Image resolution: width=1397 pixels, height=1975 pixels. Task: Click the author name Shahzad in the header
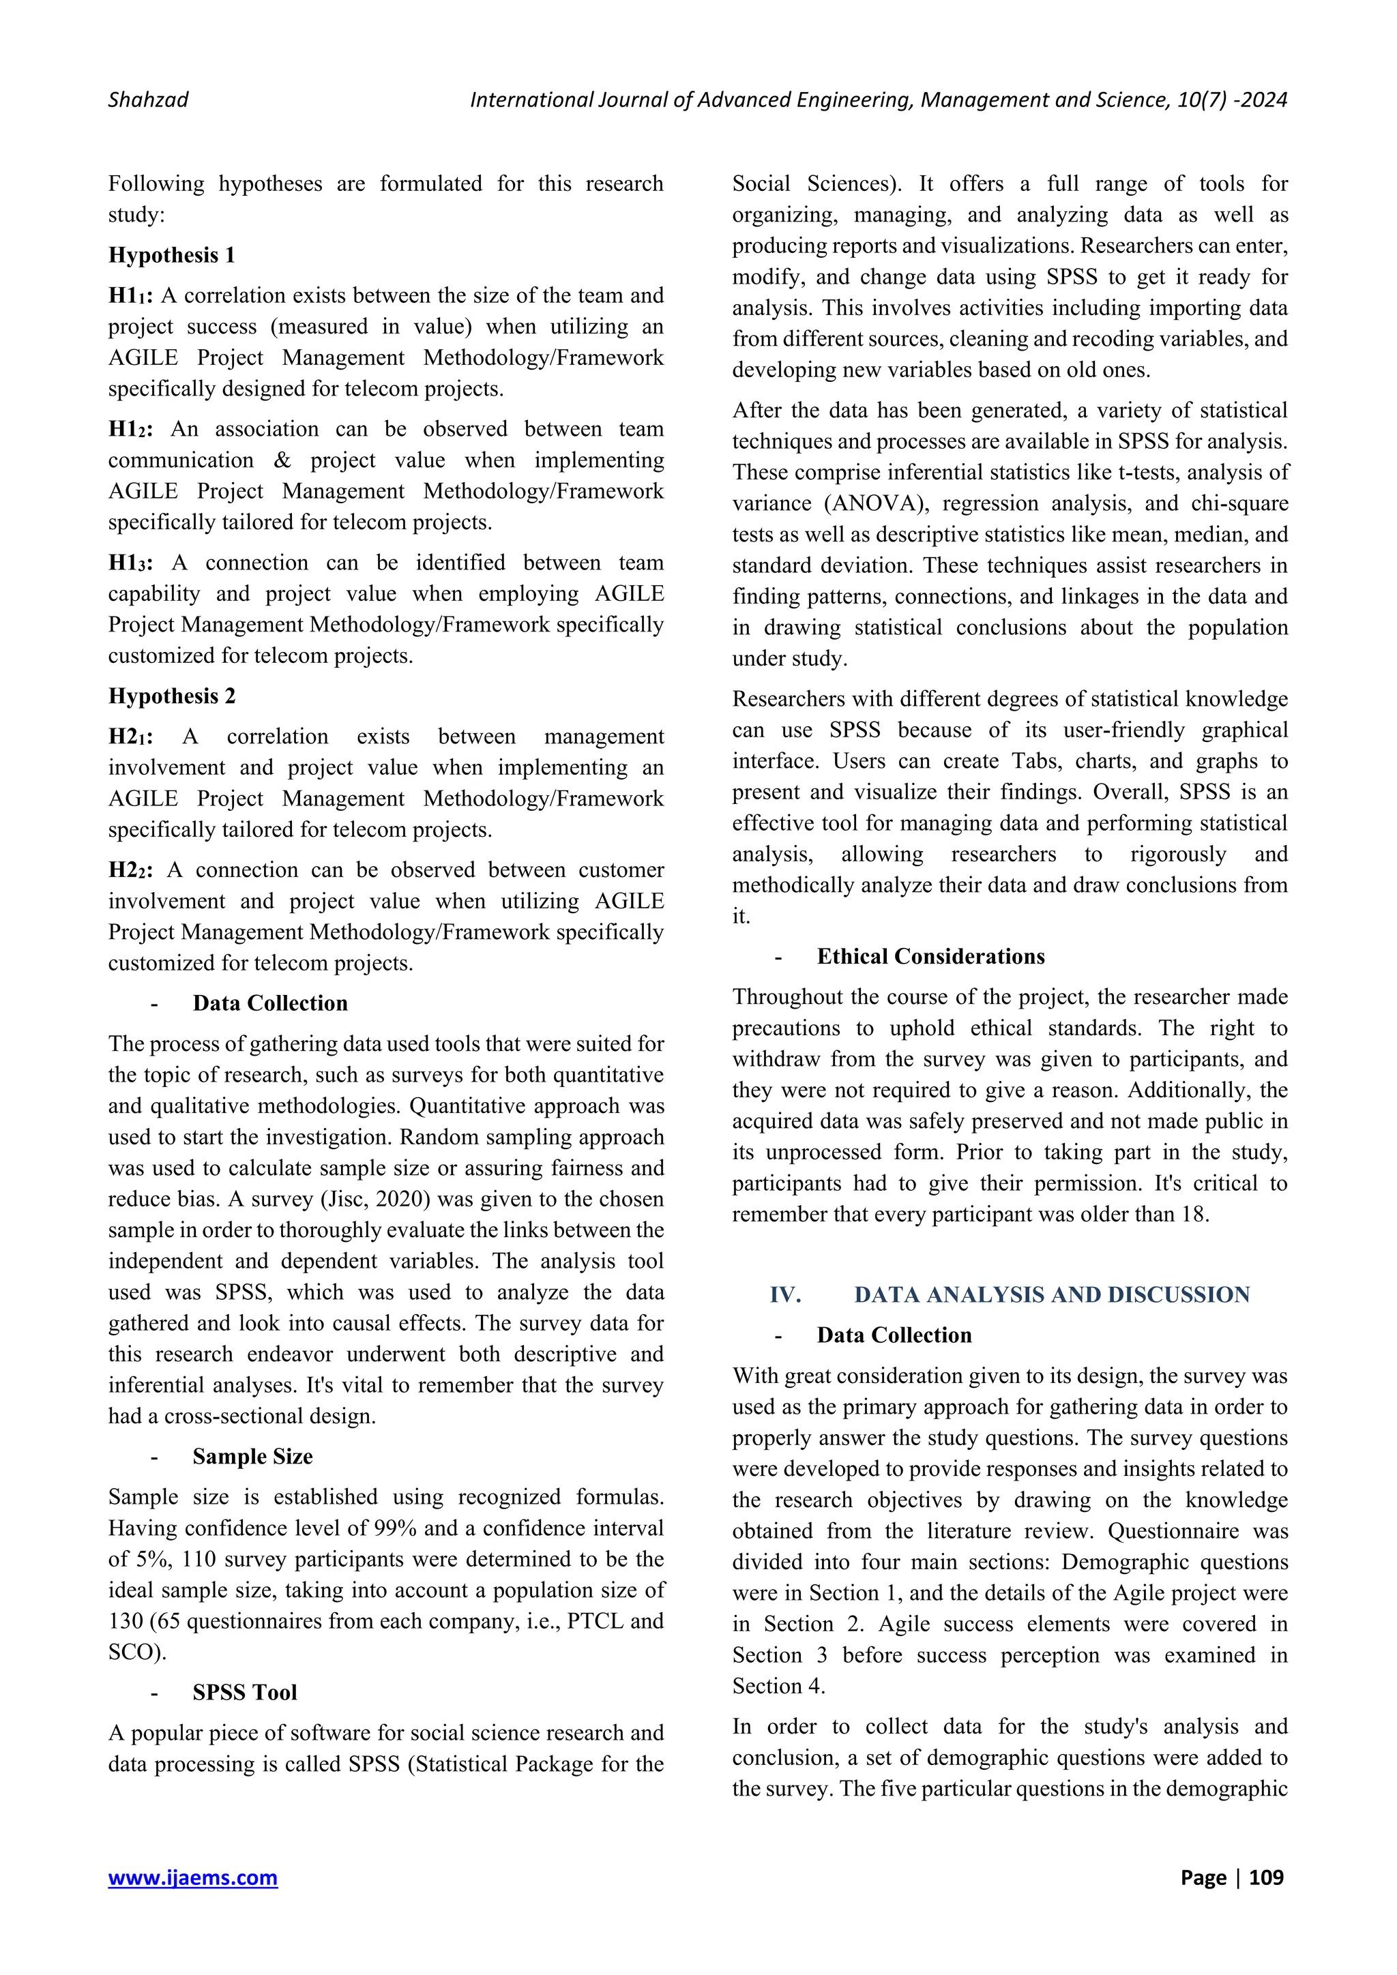148,100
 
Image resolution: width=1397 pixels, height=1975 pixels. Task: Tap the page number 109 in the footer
1265,1877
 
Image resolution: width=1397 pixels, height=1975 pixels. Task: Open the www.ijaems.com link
192,1877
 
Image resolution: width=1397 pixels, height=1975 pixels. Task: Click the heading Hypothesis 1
171,256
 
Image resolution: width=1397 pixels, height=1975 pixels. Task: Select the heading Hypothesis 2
171,696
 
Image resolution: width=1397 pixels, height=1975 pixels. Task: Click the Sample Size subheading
252,1456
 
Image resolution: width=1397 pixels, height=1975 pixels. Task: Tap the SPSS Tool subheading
244,1692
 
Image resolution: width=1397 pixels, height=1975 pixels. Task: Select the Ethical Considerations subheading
930,957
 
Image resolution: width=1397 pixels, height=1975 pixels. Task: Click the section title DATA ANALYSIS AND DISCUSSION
1051,1294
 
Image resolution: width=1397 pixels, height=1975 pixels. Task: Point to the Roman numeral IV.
784,1294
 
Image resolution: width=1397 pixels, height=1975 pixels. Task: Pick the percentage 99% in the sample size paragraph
396,1528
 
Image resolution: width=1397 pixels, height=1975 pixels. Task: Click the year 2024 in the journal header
1263,100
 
